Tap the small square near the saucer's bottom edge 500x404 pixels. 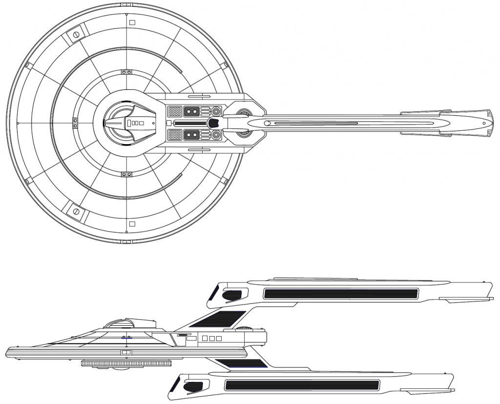(132, 224)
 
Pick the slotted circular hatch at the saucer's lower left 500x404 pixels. (76, 211)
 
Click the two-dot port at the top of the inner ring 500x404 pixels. (126, 72)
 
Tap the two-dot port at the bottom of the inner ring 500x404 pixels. (126, 174)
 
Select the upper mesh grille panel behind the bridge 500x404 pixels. (175, 111)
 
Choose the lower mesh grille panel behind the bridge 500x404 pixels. (175, 134)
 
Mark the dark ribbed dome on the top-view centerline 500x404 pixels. (213, 123)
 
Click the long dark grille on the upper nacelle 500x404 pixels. (340, 294)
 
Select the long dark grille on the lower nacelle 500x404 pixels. (302, 384)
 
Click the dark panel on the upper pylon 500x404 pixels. (217, 318)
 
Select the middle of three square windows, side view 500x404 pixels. (212, 339)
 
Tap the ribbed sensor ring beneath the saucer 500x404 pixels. (126, 363)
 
